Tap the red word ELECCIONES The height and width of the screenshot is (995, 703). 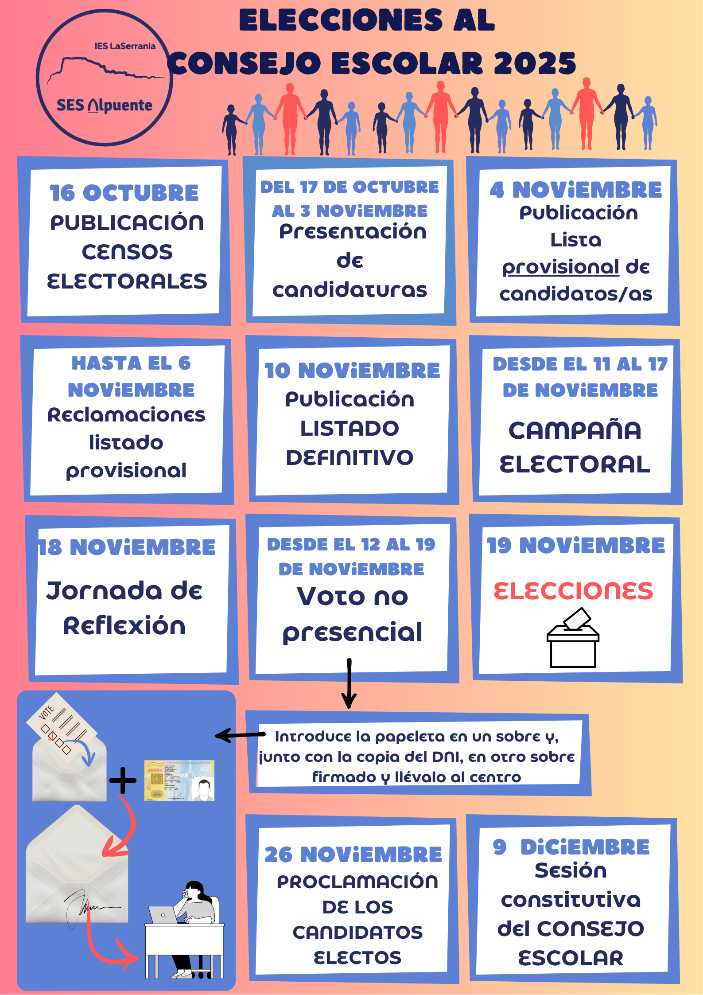click(573, 591)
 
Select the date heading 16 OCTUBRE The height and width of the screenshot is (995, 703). click(124, 193)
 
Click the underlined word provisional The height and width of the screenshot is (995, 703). click(560, 267)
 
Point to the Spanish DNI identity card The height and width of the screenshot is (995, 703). click(179, 780)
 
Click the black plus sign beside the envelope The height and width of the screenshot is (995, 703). click(123, 780)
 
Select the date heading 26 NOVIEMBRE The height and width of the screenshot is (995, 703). click(353, 855)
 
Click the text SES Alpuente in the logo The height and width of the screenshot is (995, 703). click(105, 105)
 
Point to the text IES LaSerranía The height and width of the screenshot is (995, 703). click(125, 46)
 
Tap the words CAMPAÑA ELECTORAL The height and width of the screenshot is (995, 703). click(575, 447)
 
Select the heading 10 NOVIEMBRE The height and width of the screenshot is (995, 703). click(352, 371)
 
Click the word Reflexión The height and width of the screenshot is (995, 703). click(124, 626)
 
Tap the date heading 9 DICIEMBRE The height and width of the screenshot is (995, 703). click(571, 847)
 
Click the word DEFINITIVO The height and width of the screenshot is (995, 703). click(350, 458)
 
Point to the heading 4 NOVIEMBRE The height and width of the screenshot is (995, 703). click(575, 190)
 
